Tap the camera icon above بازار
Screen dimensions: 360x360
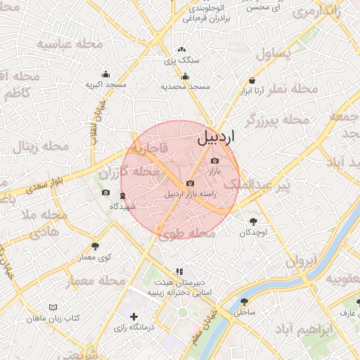[214, 161]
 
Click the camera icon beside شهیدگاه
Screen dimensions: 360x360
[105, 193]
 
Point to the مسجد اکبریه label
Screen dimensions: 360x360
[106, 84]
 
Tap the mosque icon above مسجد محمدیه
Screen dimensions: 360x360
[185, 77]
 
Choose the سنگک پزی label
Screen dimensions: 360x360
[182, 60]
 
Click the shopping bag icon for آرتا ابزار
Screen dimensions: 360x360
[252, 82]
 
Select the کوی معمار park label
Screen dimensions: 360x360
[95, 258]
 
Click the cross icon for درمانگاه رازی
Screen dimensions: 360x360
[134, 317]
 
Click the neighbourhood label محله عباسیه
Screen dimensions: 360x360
[70, 45]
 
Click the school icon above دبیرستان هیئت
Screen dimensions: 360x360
[180, 271]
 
